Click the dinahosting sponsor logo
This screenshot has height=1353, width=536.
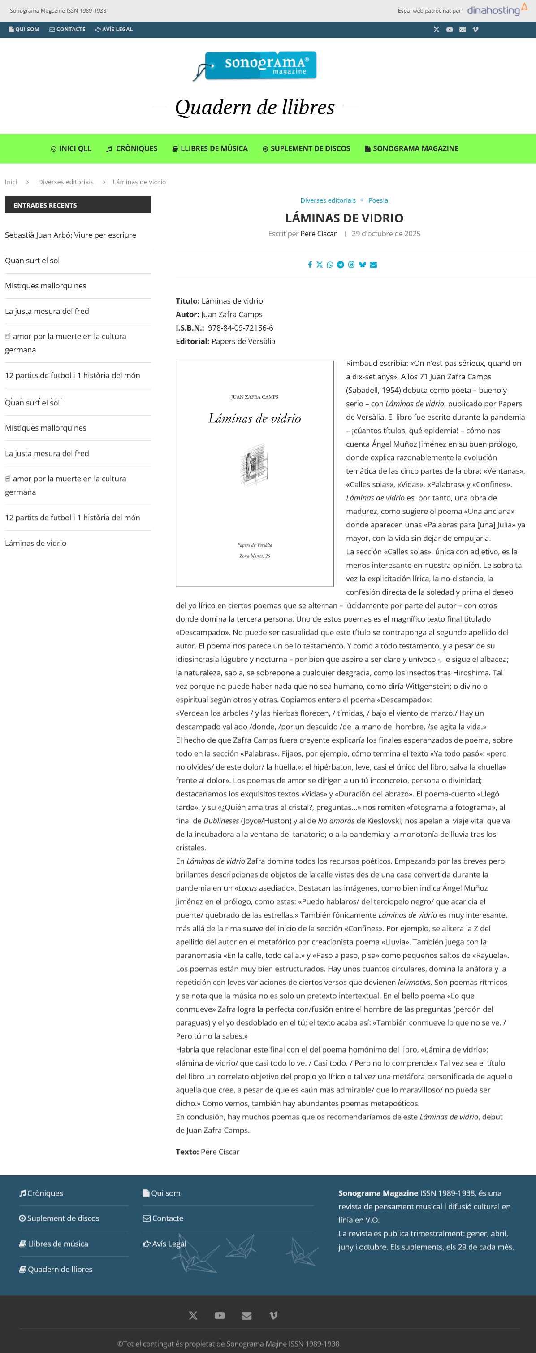point(497,10)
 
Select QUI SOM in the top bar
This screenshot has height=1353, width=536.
point(24,30)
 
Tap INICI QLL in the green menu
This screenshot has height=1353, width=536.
point(71,148)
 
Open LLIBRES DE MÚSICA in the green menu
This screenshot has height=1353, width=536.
point(210,148)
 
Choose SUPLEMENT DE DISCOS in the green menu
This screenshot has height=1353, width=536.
point(306,148)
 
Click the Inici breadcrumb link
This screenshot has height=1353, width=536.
point(11,182)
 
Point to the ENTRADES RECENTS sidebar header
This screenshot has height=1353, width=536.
point(78,205)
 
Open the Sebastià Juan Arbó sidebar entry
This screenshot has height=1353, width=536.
point(70,235)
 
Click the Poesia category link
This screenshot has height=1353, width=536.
point(378,200)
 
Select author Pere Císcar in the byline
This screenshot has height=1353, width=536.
point(319,234)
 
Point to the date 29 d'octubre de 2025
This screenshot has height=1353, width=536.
point(386,234)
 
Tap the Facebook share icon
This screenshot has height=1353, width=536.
point(310,265)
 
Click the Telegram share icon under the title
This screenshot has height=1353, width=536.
point(340,265)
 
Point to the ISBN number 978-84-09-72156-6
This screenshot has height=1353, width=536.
point(241,328)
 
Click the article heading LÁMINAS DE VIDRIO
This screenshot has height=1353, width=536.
point(344,218)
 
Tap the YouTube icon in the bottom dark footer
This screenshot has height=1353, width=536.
point(220,1316)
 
